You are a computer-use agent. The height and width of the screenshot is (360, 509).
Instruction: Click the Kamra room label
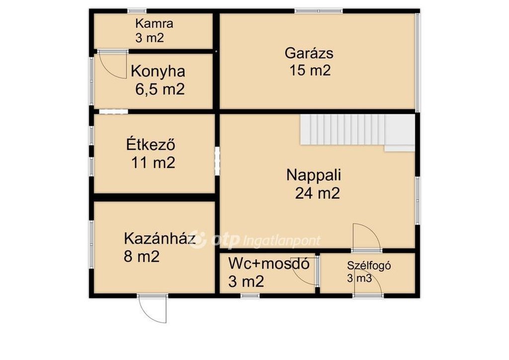click(x=154, y=24)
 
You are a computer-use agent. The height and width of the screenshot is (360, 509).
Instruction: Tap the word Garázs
click(x=309, y=53)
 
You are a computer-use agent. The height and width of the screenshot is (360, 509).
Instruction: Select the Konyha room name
click(x=158, y=72)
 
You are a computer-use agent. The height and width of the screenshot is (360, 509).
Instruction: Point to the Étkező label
click(x=151, y=145)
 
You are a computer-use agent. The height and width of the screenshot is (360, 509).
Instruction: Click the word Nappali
click(x=314, y=176)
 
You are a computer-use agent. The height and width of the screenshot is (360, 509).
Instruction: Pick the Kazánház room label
click(x=160, y=239)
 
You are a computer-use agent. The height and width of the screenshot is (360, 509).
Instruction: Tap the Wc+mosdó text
click(x=269, y=264)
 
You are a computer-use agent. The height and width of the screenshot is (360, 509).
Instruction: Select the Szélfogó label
click(x=369, y=266)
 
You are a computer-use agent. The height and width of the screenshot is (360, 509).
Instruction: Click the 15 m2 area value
click(x=310, y=71)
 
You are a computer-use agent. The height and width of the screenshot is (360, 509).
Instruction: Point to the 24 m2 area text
click(x=318, y=193)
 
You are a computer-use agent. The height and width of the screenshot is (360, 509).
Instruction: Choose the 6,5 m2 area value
click(x=160, y=90)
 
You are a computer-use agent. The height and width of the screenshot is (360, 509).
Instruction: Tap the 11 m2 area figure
click(x=153, y=163)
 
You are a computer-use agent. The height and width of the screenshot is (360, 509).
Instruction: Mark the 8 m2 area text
click(x=142, y=257)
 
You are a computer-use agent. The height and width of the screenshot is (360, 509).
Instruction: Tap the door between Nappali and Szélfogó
click(x=367, y=237)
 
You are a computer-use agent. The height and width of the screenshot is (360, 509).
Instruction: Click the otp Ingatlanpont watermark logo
click(x=255, y=240)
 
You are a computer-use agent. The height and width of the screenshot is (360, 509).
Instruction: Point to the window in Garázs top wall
click(x=319, y=11)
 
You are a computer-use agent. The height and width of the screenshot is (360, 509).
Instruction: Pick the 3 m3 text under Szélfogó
click(x=359, y=278)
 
